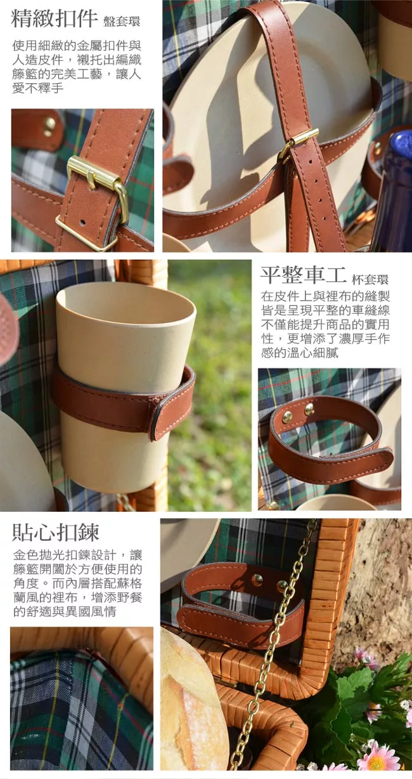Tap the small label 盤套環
point(122,22)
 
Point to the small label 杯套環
point(370,279)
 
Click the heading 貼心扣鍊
point(56,532)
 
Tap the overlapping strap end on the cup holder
point(174,410)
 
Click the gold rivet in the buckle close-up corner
point(49,126)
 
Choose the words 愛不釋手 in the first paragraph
point(38,88)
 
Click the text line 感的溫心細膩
point(300,353)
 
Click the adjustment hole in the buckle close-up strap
point(82,222)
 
